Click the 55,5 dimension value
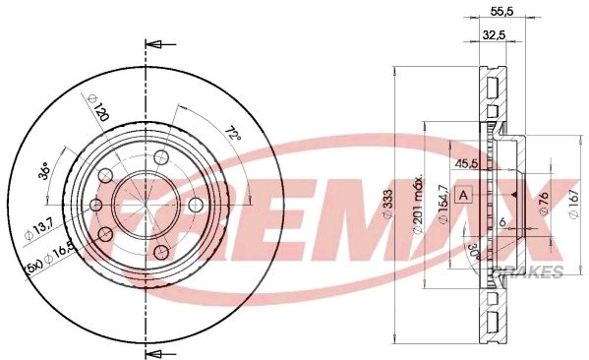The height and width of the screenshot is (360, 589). pos(501,12)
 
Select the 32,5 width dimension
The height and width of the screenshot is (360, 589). pos(494,35)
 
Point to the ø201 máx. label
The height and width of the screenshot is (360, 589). pos(419,204)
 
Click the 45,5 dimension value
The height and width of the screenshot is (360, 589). pos(466,163)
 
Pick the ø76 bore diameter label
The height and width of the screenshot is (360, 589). pos(544,204)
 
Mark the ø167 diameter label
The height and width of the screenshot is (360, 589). pos(573,204)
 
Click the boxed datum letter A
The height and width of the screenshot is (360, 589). pos(464,195)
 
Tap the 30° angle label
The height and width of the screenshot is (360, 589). pos(474,252)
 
